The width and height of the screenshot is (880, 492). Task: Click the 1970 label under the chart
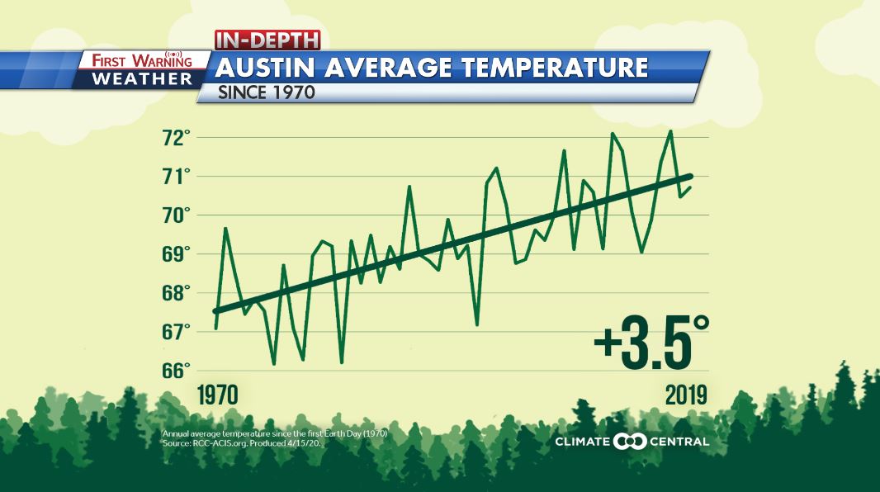[217, 395]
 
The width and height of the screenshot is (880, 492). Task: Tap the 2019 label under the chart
[687, 395]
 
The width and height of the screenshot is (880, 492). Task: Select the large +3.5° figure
[651, 344]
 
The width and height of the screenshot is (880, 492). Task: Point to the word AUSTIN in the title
[267, 68]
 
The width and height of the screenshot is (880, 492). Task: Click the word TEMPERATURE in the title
[550, 68]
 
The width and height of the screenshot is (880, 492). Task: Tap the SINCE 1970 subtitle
[267, 92]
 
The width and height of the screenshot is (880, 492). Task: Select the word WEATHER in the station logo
[142, 79]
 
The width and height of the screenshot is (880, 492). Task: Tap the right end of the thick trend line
[690, 176]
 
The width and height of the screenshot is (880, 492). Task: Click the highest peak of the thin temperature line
[670, 130]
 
